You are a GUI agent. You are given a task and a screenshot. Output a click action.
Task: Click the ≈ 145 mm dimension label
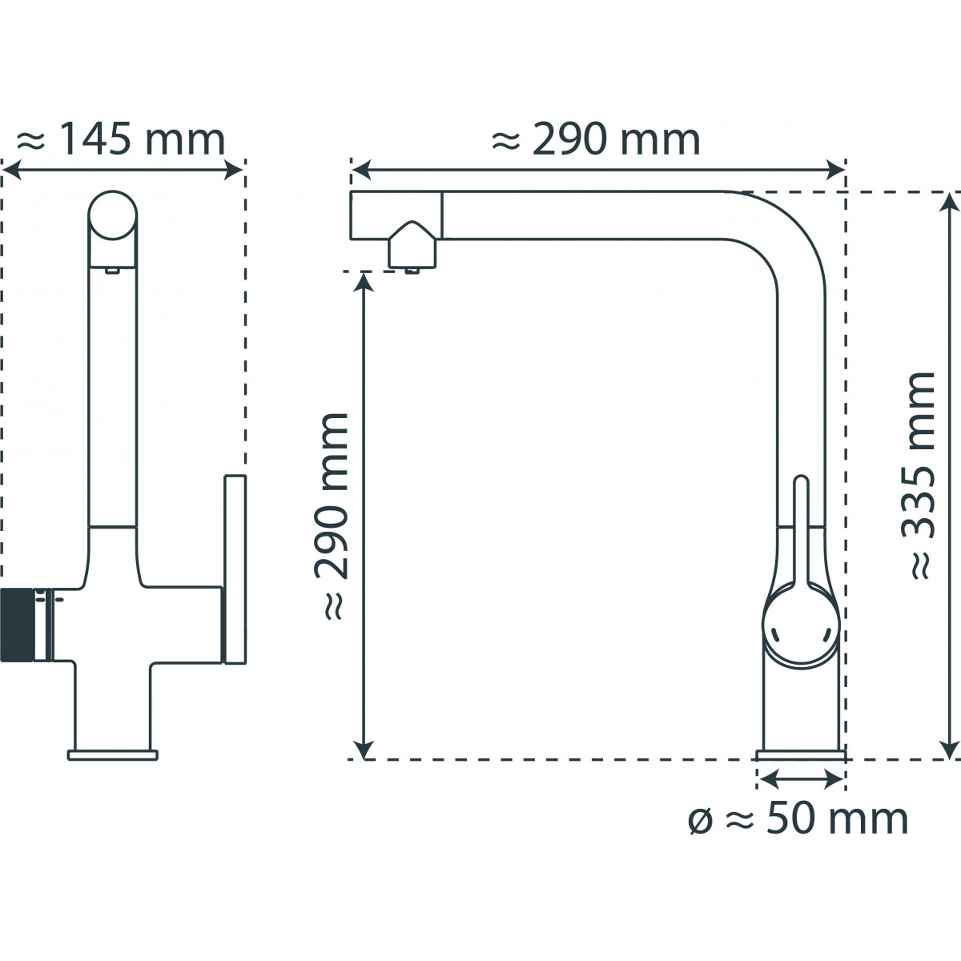[120, 141]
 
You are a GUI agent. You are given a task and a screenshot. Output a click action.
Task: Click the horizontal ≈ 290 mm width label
[597, 141]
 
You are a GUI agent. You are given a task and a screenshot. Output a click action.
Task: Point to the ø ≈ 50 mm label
[798, 818]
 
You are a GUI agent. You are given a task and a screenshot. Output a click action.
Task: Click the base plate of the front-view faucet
[112, 754]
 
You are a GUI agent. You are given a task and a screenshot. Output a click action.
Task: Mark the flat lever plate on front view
[235, 569]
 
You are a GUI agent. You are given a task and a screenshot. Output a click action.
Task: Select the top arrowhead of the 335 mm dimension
[951, 201]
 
